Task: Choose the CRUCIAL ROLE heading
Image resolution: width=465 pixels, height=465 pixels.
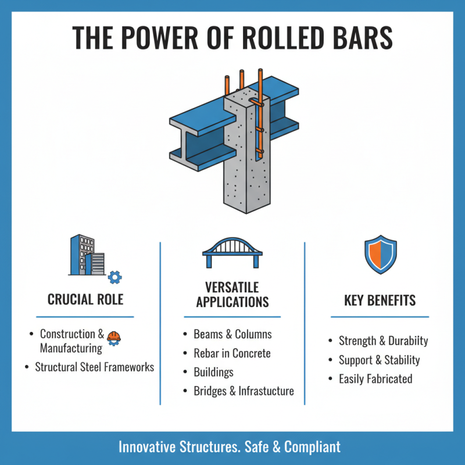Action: point(85,300)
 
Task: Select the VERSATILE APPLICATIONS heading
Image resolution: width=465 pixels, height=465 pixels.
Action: point(232,295)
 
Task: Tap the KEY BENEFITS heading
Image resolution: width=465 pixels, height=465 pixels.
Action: point(380,301)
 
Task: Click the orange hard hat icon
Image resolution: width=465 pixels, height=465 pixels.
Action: point(114,337)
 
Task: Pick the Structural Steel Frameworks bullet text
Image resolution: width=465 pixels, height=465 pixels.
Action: point(94,367)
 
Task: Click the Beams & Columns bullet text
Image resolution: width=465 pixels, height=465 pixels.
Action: point(233,334)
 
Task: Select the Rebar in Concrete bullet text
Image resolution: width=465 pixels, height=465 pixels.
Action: point(232,353)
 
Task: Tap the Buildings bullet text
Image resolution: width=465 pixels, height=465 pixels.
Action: point(213,371)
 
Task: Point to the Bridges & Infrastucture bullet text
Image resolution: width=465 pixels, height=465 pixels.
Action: point(244,391)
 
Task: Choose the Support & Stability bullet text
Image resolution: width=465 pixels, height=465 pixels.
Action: point(379,360)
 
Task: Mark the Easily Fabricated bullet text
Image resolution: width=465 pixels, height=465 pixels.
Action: point(375,379)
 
